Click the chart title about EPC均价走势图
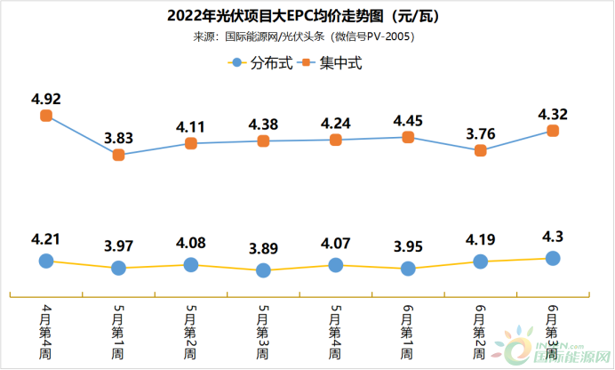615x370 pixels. [x=307, y=16]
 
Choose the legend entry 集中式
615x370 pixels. [x=332, y=63]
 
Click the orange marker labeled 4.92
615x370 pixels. [x=46, y=116]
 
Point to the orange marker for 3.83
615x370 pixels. [x=118, y=155]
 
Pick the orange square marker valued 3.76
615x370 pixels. [x=481, y=150]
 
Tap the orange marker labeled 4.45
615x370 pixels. [x=408, y=137]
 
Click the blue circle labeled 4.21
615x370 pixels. [x=46, y=261]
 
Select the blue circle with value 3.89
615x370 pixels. [x=263, y=270]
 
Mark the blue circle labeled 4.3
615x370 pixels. [x=553, y=258]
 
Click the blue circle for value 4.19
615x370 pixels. [x=481, y=261]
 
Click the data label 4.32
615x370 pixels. [x=553, y=113]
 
